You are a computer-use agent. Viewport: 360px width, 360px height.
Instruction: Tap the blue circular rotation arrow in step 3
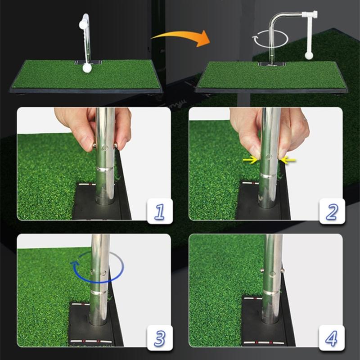(97, 268)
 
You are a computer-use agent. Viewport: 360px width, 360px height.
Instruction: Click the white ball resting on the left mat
(86, 68)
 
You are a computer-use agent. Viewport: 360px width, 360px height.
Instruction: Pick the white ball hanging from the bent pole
(309, 56)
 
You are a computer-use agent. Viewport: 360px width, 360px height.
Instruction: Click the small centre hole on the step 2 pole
(268, 157)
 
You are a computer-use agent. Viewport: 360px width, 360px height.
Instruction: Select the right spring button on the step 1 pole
(116, 145)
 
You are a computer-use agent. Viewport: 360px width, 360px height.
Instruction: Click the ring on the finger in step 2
(305, 120)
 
